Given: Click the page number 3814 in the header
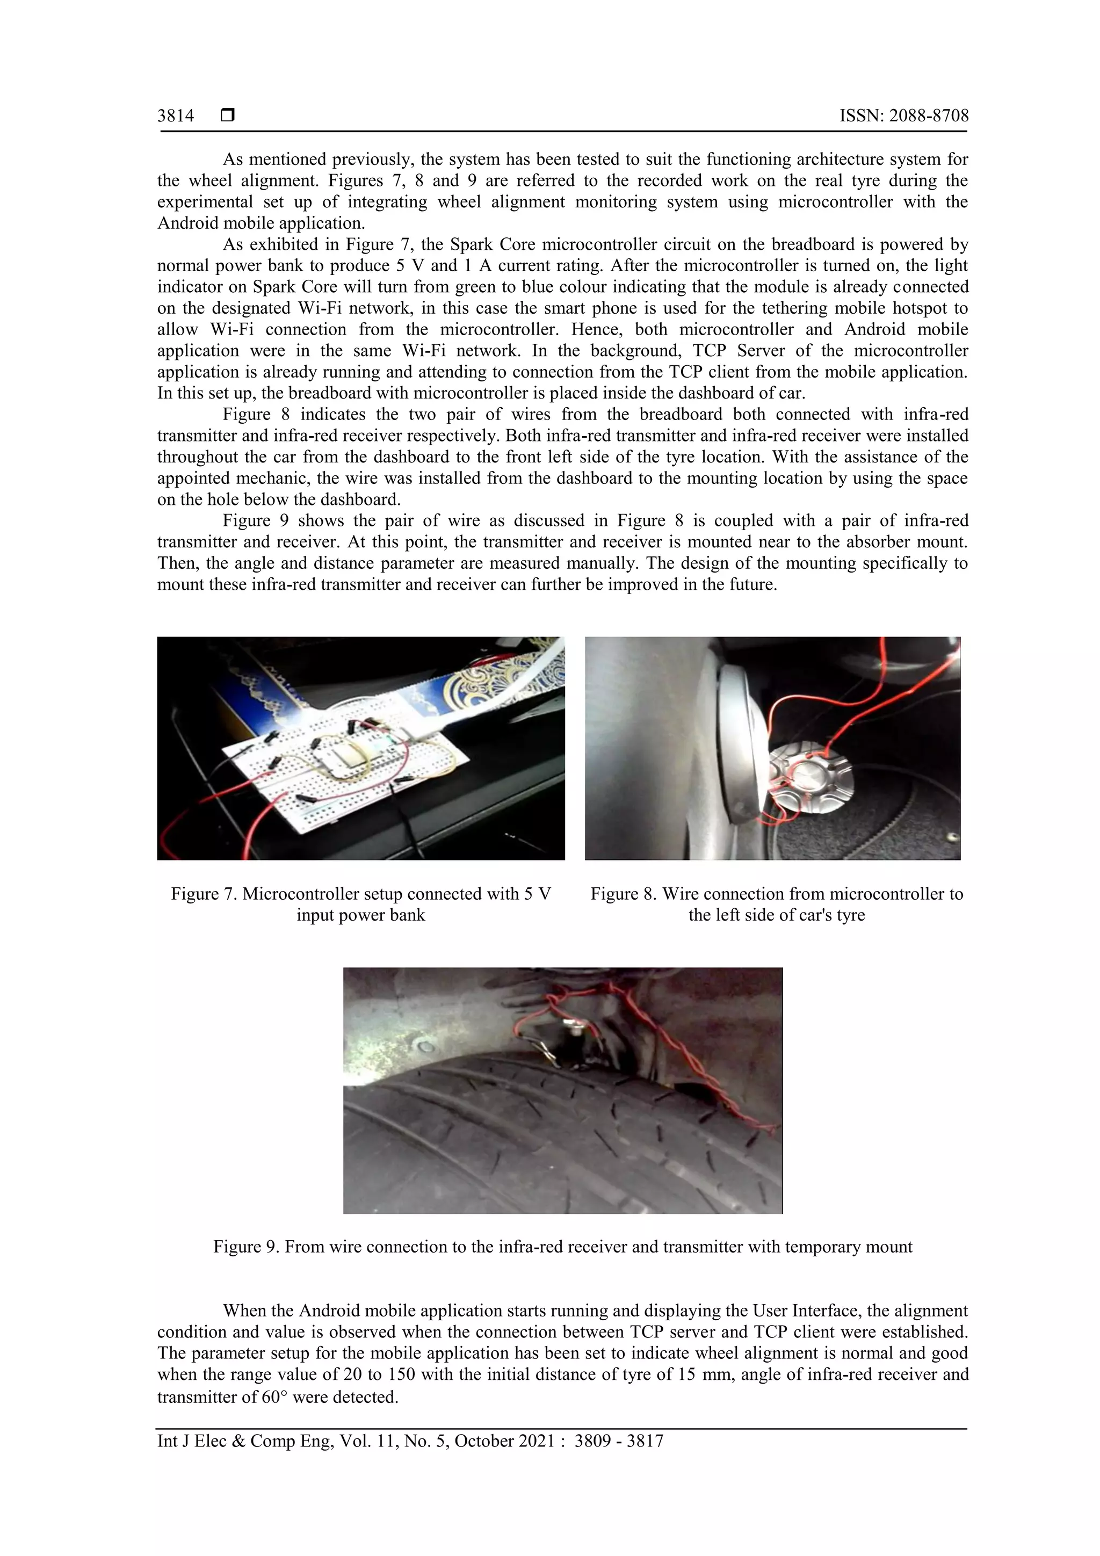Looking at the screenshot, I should (x=176, y=116).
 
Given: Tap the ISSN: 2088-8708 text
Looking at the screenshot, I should (x=903, y=116).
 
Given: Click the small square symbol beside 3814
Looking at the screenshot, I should (x=227, y=116).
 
